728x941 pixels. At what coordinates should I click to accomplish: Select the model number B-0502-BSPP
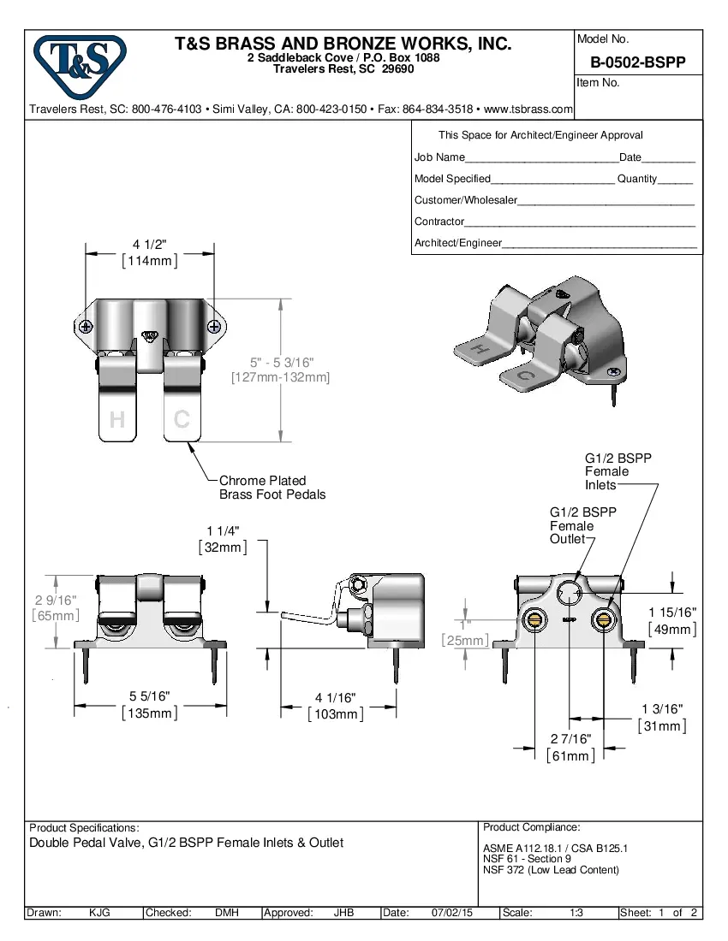coord(637,63)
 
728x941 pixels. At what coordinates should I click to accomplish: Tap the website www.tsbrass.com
coord(528,109)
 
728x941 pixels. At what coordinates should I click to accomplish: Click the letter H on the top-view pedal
coord(117,419)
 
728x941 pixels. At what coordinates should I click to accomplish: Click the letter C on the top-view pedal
coord(182,419)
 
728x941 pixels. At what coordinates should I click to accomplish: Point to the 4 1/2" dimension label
coord(149,245)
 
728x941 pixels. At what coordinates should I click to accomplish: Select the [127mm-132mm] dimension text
coord(280,376)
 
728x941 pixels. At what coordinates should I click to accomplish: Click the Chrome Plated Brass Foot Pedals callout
coord(272,488)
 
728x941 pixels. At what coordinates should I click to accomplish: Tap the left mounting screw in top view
coord(86,327)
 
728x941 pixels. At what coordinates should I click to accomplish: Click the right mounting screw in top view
coord(213,326)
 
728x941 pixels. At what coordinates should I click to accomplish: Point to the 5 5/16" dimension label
coord(149,697)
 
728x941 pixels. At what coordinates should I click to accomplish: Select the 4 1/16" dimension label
coord(335,698)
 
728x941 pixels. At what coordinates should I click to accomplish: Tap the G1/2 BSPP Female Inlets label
coord(618,471)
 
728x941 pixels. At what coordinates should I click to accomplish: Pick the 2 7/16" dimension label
coord(570,739)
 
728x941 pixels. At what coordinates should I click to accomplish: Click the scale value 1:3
coord(576,913)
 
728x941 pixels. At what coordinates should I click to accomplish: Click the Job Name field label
coord(439,157)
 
